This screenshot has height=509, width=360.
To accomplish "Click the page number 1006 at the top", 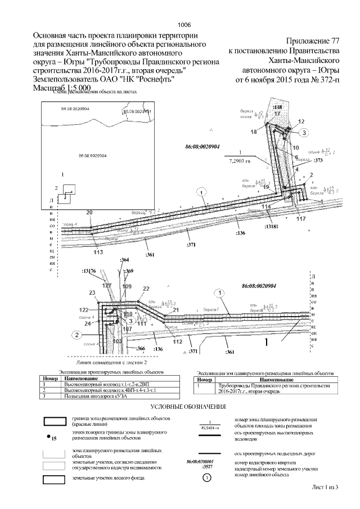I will pos(184,25).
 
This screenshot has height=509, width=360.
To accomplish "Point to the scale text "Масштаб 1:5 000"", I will pos(62,89).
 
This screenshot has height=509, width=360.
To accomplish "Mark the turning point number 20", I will pos(89,212).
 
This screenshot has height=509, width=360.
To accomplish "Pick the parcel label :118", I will pos(277,107).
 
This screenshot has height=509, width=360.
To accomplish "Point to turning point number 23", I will pos(92,293).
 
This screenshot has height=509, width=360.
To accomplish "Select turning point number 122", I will pos(84,310).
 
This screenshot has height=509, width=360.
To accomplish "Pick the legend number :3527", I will pos(192,467).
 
